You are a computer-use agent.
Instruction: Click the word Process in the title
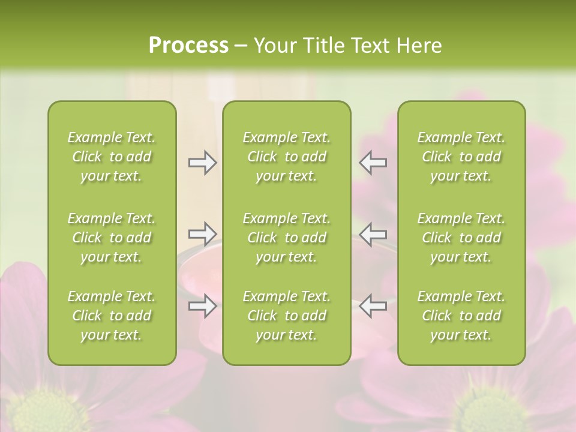click(x=188, y=46)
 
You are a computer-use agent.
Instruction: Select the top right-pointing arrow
click(x=202, y=163)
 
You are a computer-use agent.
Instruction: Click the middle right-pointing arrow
click(x=202, y=234)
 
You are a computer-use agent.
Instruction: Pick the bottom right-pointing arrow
click(x=202, y=306)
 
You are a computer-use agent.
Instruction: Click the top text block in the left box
click(x=112, y=157)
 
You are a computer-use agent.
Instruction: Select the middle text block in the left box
click(x=112, y=238)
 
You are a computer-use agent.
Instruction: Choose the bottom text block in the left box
click(x=112, y=316)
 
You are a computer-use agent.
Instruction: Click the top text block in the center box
click(x=287, y=157)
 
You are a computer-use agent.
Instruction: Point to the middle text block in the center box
click(x=287, y=238)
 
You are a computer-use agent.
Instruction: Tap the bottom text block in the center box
click(x=287, y=316)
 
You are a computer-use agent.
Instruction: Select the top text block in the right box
click(x=461, y=157)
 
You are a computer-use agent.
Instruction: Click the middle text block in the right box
click(x=461, y=238)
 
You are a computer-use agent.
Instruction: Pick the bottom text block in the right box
click(x=461, y=316)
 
